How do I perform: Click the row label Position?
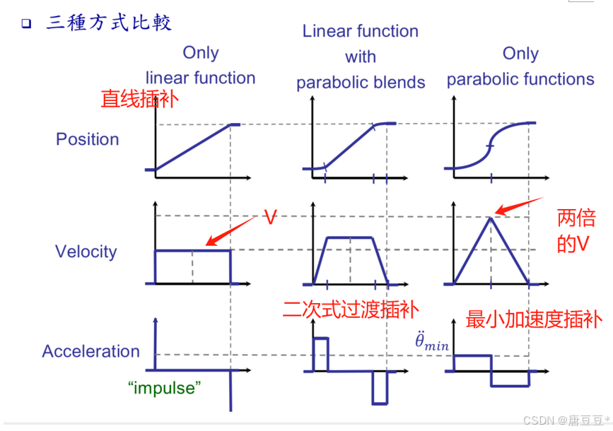coord(87,139)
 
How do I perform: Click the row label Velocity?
coord(86,252)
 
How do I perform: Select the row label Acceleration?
coord(91,351)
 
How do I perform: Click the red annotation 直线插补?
coord(140,99)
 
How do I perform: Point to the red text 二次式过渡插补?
coord(350,309)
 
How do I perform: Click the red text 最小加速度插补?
coord(534,319)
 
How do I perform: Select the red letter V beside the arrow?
coord(269,217)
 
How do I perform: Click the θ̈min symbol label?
coord(431,342)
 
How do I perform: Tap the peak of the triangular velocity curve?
coord(491,216)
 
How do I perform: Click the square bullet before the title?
coord(26,23)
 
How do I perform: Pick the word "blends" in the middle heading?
coord(400,82)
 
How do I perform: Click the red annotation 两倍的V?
coord(576,230)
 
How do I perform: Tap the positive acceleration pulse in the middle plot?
coord(320,353)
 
